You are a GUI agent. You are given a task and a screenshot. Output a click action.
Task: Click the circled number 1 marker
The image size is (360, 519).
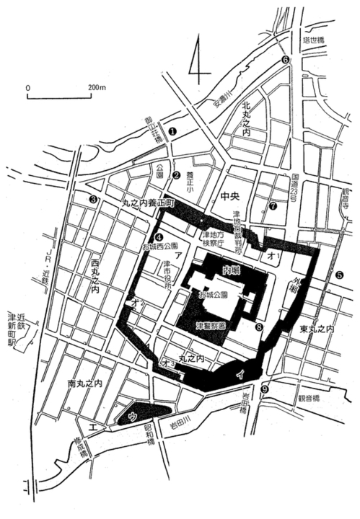tap(172, 130)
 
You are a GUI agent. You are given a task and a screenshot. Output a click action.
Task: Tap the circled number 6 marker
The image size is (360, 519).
tap(285, 59)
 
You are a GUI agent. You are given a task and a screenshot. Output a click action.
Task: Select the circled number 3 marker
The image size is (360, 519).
tap(93, 199)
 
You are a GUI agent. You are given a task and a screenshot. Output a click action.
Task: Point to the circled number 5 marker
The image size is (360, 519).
tap(340, 275)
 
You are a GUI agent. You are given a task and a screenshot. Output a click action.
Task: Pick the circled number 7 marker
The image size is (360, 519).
tap(272, 206)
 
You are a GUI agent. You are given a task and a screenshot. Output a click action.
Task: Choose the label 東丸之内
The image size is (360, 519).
tap(318, 329)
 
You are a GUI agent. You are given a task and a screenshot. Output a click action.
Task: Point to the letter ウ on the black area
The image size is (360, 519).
tap(132, 416)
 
